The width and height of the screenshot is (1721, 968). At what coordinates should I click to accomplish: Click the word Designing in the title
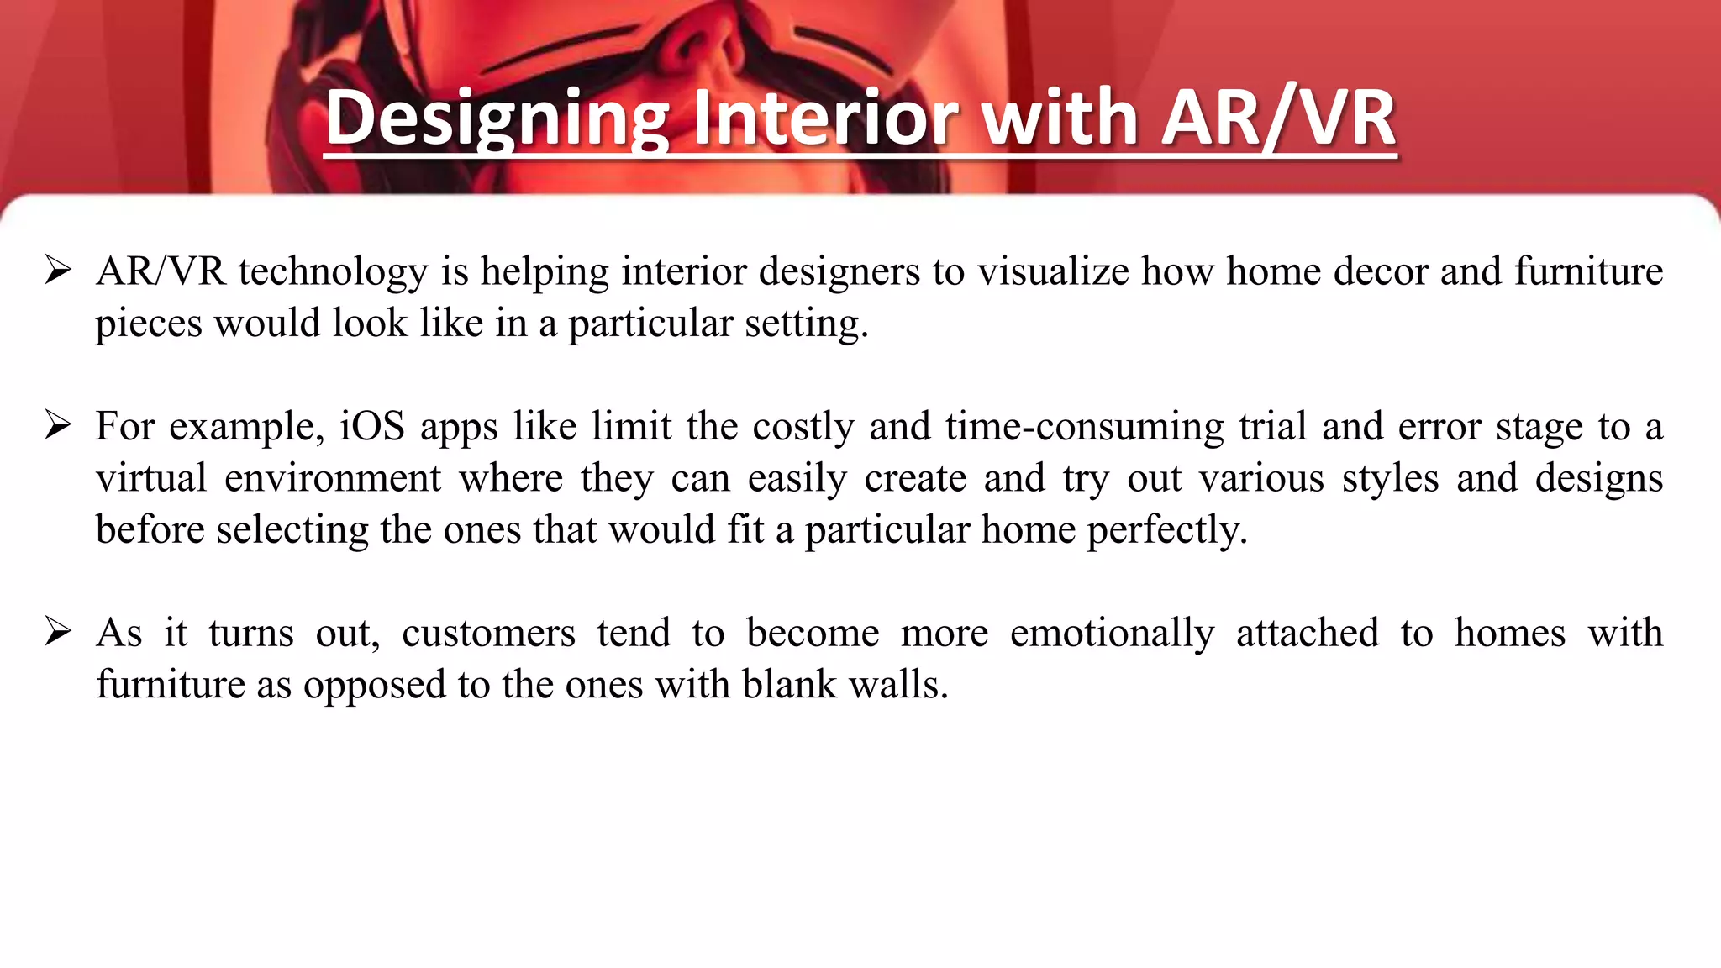coord(496,118)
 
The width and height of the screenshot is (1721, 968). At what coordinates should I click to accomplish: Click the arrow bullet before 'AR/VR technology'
coord(58,271)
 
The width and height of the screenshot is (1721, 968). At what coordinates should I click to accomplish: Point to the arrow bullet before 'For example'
coord(58,426)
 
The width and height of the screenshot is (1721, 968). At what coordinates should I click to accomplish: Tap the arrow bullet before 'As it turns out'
coord(58,632)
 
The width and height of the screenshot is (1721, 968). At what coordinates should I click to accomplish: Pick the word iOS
coord(372,426)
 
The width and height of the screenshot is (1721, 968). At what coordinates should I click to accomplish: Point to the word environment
coord(332,478)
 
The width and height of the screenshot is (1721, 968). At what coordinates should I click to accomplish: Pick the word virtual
coord(151,478)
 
